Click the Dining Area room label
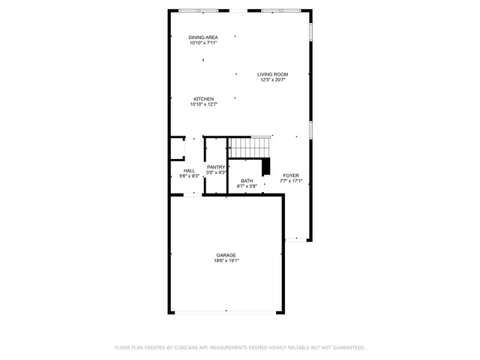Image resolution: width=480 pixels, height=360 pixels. click(x=203, y=37)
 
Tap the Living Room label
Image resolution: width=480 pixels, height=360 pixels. click(x=273, y=74)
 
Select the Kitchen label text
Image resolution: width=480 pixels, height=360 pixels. click(x=204, y=99)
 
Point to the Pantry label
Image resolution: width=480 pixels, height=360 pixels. click(x=216, y=167)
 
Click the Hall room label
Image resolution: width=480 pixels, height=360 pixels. click(x=189, y=171)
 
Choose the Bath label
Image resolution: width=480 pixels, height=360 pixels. click(x=247, y=181)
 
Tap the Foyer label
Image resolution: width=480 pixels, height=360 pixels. click(x=291, y=175)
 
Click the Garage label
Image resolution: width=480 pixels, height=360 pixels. click(x=226, y=255)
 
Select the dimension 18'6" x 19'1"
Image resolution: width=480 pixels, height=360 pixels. click(x=226, y=261)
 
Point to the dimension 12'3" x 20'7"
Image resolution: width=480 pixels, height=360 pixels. click(x=273, y=80)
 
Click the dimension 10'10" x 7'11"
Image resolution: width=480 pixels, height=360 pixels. click(x=203, y=43)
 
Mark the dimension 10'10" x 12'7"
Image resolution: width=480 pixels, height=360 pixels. click(x=204, y=105)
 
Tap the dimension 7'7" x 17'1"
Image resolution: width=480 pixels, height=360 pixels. click(x=291, y=181)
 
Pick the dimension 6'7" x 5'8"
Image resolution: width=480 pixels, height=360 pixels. click(x=247, y=187)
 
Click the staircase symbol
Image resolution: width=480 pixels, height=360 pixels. click(x=249, y=147)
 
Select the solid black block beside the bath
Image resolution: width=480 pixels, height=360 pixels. click(x=266, y=166)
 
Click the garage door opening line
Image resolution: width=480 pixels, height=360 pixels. click(x=226, y=312)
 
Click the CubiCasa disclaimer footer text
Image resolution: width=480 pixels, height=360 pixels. click(x=240, y=348)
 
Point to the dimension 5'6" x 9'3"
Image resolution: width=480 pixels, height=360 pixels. click(x=189, y=177)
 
